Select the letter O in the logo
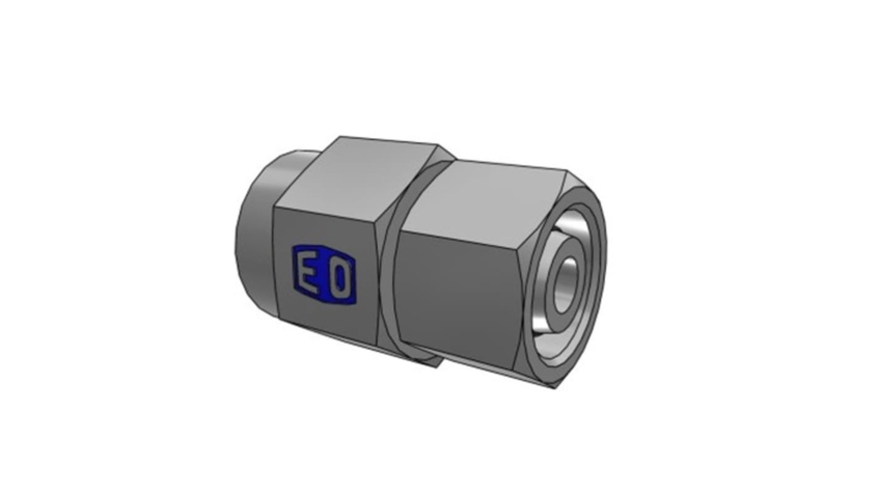point(339,278)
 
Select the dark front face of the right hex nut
point(457,296)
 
